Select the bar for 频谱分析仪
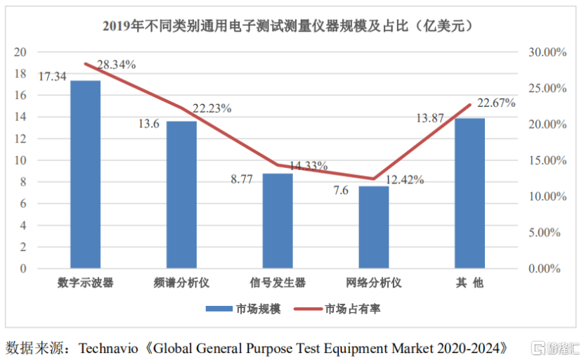181,195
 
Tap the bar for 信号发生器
278,221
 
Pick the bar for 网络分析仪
373,227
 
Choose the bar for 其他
469,193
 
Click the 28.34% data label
117,65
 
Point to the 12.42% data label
405,180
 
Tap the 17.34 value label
53,76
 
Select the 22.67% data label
496,103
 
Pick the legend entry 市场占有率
342,309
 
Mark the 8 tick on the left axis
23,182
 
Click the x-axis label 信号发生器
278,283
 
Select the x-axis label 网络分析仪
373,283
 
